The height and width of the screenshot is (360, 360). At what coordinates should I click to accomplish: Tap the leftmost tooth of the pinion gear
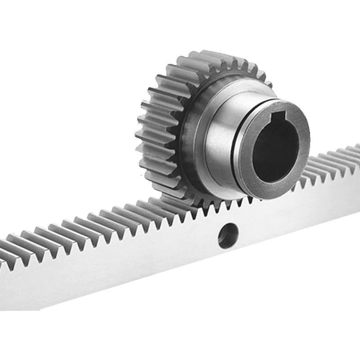(x=143, y=135)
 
